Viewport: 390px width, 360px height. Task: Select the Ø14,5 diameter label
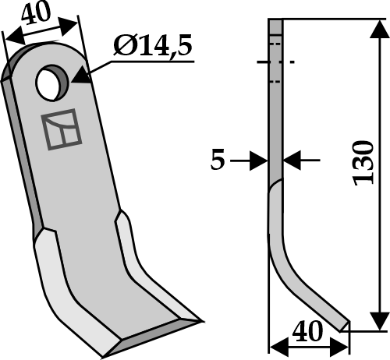[152, 48]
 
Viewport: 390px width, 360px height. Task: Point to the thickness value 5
[218, 161]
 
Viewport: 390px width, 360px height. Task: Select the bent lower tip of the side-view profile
[339, 319]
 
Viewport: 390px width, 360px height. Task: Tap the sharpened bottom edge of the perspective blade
[152, 335]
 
